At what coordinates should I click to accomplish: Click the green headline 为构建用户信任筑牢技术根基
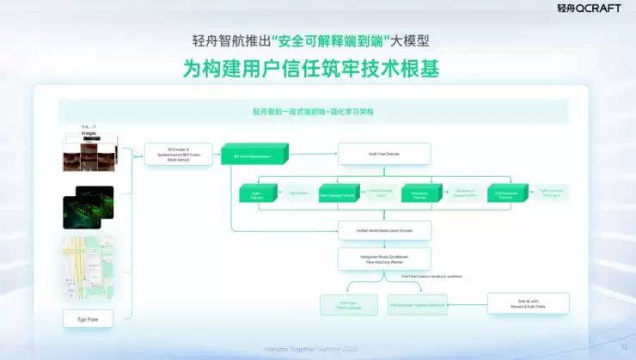[x=317, y=69]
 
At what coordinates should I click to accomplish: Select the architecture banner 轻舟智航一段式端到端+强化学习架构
[x=313, y=112]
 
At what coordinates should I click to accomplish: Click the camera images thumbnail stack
[x=88, y=152]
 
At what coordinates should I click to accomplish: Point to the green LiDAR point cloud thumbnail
[x=88, y=207]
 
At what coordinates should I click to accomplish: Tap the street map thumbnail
[x=88, y=267]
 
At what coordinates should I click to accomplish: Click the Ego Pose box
[x=88, y=319]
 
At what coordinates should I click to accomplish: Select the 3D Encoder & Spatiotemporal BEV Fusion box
[x=178, y=155]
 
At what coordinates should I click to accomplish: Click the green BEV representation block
[x=254, y=156]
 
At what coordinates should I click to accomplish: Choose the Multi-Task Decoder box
[x=384, y=155]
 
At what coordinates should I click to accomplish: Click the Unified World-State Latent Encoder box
[x=384, y=230]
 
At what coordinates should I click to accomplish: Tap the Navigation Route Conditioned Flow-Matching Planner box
[x=384, y=259]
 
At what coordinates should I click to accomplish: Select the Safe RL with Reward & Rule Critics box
[x=528, y=303]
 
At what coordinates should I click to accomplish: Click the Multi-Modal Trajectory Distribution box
[x=418, y=304]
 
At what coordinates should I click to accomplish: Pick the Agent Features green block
[x=255, y=193]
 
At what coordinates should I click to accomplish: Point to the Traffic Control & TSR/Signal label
[x=551, y=193]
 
